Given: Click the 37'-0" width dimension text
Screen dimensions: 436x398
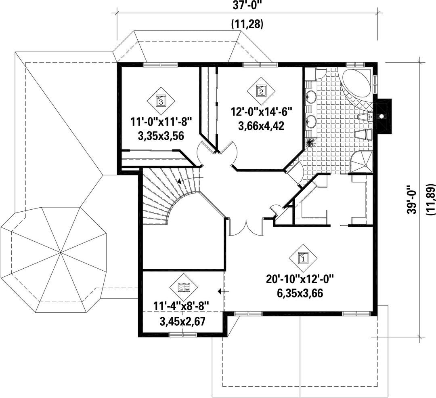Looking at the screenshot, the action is coord(247,6).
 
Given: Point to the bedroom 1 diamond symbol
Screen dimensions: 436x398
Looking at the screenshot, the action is coord(303,258).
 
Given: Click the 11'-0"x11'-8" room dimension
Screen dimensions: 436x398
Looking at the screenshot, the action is coord(161,122).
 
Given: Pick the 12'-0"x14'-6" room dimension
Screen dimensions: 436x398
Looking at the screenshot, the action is coord(261,112).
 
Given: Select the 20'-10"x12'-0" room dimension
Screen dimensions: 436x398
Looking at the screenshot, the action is coord(300,279).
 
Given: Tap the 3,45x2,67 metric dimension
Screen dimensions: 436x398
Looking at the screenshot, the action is coord(182,322).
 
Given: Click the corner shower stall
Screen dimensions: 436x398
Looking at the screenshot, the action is coord(361,162).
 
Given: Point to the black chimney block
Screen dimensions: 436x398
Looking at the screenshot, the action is coord(383,114).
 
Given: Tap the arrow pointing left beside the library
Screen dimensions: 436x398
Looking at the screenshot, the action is coord(224,291).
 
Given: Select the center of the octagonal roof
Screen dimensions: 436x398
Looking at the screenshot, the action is coord(60,253).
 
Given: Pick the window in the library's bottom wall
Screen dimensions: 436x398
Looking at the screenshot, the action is coord(183,335).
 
